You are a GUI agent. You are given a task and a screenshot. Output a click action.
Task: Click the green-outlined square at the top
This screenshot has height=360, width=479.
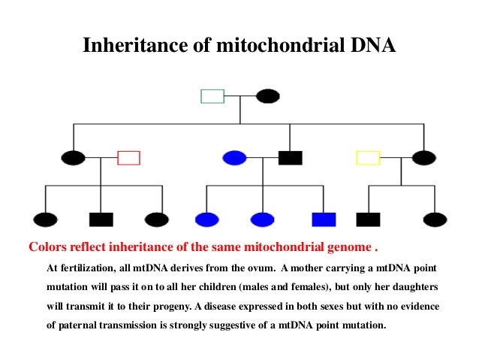click(x=212, y=96)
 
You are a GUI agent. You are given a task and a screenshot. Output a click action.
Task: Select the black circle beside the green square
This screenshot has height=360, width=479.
click(x=268, y=96)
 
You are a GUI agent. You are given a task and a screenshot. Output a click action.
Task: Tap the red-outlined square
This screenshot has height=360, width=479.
click(x=128, y=158)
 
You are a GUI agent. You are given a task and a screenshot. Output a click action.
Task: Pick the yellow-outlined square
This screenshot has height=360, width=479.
click(x=367, y=158)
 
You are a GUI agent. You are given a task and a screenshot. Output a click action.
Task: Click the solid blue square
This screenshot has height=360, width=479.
click(x=324, y=219)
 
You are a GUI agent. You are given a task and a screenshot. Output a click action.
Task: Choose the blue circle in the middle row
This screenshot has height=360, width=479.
click(x=234, y=158)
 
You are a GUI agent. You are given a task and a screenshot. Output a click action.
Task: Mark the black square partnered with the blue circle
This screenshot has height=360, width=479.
click(x=290, y=158)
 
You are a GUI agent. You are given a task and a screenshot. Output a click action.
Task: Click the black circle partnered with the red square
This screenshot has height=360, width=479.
click(x=73, y=158)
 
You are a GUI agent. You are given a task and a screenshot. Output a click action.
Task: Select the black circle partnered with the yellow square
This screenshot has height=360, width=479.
click(x=423, y=158)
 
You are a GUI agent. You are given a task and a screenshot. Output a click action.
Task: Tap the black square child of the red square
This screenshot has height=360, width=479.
click(x=101, y=219)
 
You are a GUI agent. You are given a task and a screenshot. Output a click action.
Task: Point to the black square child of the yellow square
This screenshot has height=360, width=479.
click(x=368, y=219)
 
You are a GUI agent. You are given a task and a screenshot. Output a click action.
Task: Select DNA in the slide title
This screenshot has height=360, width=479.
click(x=371, y=47)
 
